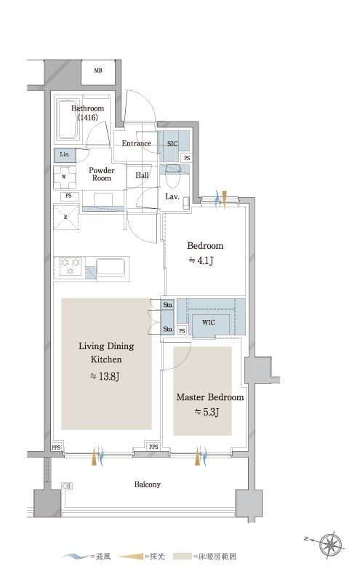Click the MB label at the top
98,70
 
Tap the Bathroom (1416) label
87,113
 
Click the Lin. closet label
65,154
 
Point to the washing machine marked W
65,177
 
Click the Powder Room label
101,174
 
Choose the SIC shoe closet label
172,143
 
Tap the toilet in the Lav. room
172,177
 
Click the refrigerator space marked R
65,217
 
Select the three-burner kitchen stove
71,266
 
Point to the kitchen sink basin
111,267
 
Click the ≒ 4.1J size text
201,260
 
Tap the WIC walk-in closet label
209,322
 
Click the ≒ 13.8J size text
105,376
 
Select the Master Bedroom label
210,397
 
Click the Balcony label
148,485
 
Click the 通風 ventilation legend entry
86,557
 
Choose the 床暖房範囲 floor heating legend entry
209,557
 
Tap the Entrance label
136,143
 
